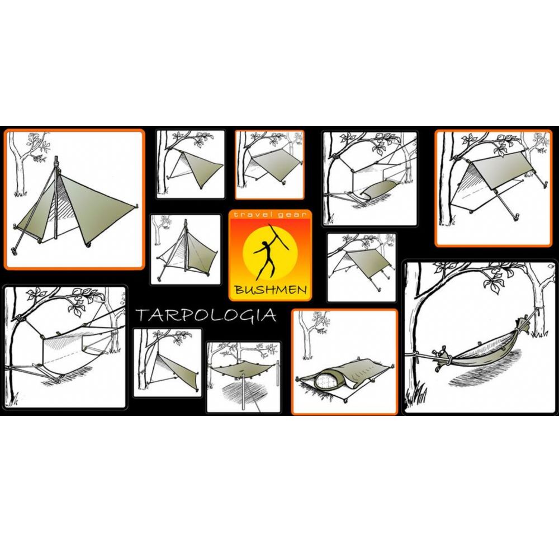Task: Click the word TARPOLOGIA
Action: coord(206,315)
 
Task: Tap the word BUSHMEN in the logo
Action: coord(271,290)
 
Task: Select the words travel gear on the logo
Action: coord(270,215)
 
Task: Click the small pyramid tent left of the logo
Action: coord(187,252)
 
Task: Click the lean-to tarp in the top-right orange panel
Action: coord(492,173)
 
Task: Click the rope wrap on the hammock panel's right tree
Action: coord(538,310)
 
